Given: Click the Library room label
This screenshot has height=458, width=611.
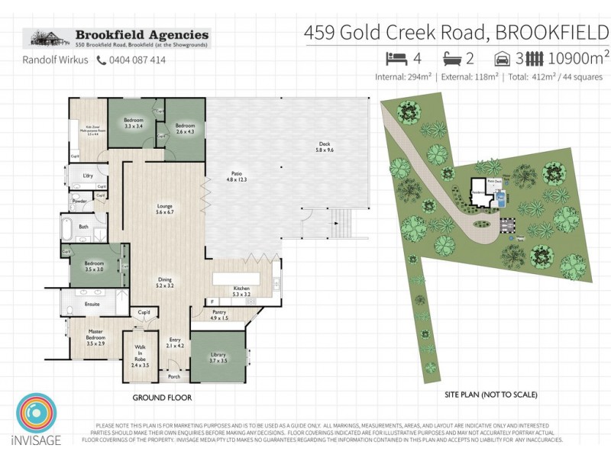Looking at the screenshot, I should [x=218, y=357].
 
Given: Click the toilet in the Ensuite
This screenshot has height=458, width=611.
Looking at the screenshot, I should [x=70, y=308].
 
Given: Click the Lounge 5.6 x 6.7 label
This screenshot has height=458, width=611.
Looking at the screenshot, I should [x=164, y=208].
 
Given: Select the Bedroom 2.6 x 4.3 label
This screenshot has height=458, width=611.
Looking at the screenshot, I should [x=186, y=127].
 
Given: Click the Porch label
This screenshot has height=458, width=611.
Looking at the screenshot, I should [x=174, y=376].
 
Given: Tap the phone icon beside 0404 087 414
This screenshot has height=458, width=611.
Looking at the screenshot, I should [x=101, y=60].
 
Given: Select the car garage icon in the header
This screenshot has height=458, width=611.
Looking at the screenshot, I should [x=502, y=58].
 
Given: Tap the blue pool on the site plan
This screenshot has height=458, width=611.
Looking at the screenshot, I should [x=500, y=198].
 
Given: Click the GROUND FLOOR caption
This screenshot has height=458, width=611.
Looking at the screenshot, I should [x=162, y=398].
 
